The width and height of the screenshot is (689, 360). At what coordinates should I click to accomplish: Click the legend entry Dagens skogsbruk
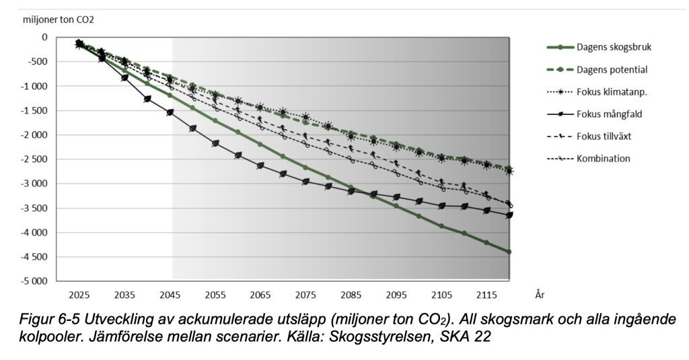pyautogui.click(x=614, y=47)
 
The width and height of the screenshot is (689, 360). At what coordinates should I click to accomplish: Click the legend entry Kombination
pyautogui.click(x=603, y=158)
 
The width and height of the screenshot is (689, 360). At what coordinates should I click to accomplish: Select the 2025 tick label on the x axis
pyautogui.click(x=79, y=295)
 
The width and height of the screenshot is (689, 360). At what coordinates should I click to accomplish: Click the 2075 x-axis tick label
pyautogui.click(x=305, y=295)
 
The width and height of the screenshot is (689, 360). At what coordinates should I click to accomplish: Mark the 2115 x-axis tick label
pyautogui.click(x=486, y=295)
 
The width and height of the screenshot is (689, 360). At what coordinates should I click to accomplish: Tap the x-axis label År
pyautogui.click(x=540, y=295)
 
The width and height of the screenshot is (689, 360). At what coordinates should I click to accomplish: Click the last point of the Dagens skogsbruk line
pyautogui.click(x=509, y=252)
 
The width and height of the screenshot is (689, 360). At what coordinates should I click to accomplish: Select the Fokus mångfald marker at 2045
pyautogui.click(x=170, y=112)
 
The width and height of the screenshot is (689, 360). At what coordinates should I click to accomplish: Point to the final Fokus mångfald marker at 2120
pyautogui.click(x=509, y=215)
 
